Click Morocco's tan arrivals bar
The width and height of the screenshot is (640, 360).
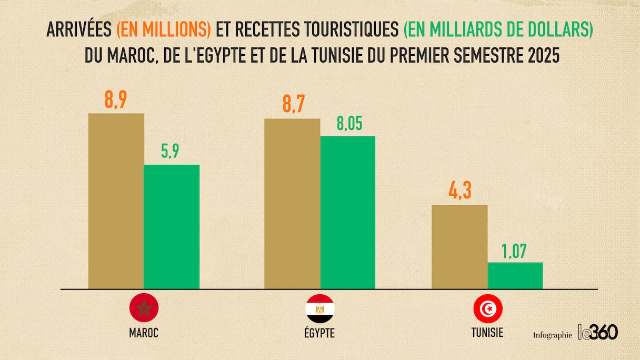point(116,201)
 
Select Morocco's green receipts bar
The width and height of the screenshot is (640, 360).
point(172,226)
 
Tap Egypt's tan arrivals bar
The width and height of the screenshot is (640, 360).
point(292,203)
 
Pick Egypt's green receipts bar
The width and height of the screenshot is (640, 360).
point(348,212)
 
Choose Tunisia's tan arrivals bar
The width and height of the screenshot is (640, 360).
point(459,246)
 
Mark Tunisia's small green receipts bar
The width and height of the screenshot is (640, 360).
point(515,275)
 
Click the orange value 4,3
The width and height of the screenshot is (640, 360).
point(459,193)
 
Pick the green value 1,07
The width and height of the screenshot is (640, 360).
point(515,251)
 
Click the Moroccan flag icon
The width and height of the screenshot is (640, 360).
point(144,308)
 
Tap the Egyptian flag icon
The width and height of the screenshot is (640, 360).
point(319,308)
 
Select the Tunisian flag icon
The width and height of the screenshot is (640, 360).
point(487,308)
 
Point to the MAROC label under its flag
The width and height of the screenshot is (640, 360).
point(144,333)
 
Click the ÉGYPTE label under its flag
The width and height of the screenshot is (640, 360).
point(319,333)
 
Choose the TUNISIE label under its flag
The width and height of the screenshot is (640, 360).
point(487,333)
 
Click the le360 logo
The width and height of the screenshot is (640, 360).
point(598,332)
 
